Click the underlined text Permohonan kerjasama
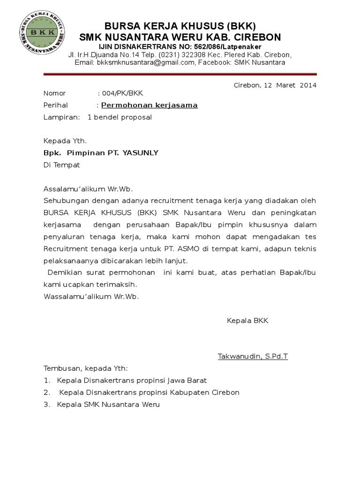(x=150, y=105)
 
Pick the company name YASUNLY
(x=141, y=152)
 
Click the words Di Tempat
(x=62, y=165)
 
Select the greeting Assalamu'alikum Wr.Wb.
(x=88, y=189)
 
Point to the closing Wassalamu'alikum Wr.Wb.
(x=91, y=296)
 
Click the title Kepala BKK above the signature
(x=247, y=321)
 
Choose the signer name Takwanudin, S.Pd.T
(x=253, y=356)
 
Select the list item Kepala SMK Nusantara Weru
(x=108, y=404)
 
